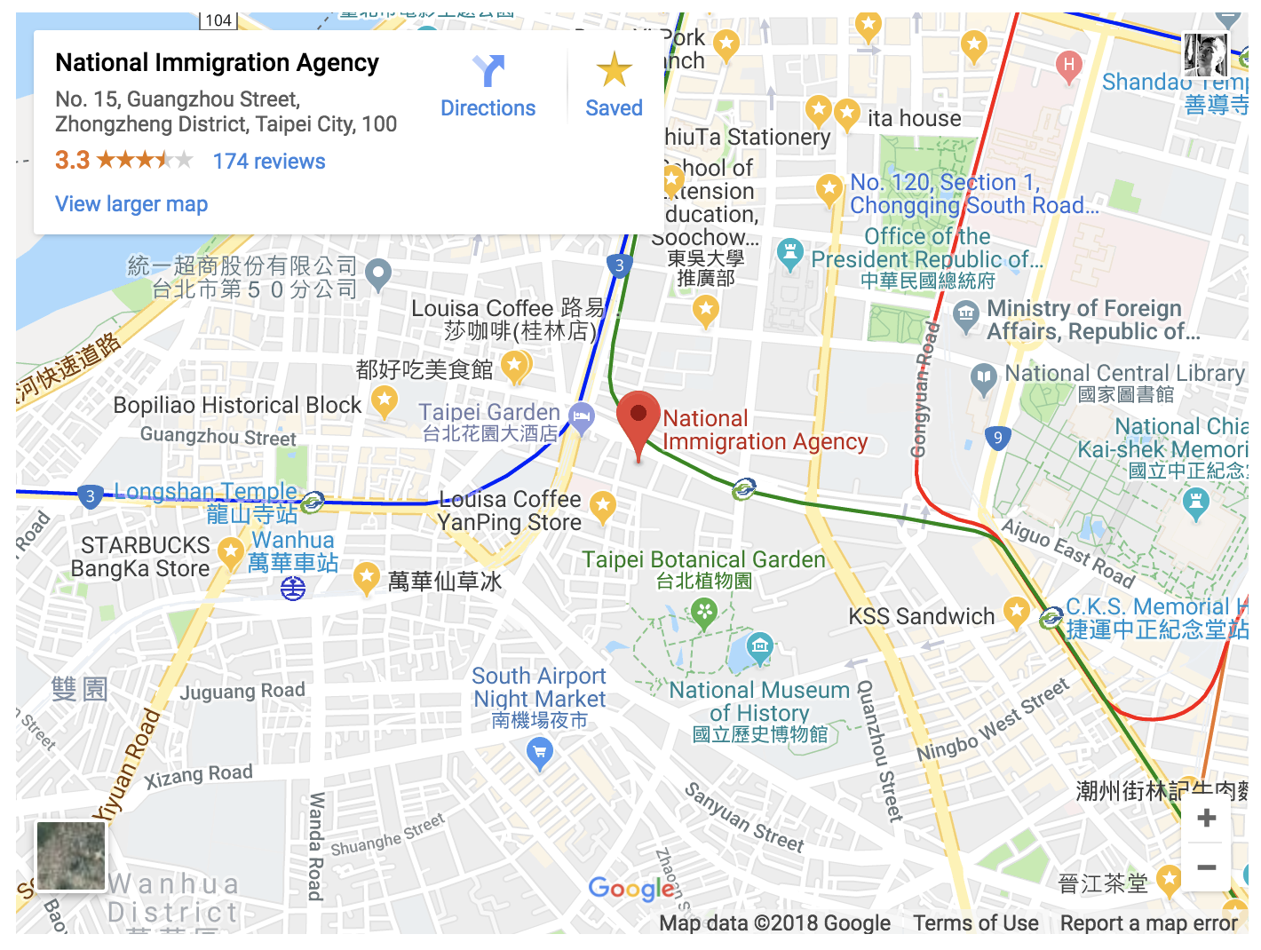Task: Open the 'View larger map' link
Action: [131, 204]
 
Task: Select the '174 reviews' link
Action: [269, 162]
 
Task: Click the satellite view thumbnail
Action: [71, 856]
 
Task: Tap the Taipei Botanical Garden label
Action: [703, 560]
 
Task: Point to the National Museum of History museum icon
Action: [759, 645]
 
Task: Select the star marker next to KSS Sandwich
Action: [1016, 611]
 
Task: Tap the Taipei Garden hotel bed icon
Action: [582, 416]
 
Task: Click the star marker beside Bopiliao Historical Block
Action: [384, 400]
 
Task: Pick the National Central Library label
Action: [1123, 374]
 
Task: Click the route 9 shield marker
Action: [998, 438]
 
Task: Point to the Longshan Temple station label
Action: [206, 492]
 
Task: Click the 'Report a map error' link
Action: [1148, 923]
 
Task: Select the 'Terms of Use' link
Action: [975, 923]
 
